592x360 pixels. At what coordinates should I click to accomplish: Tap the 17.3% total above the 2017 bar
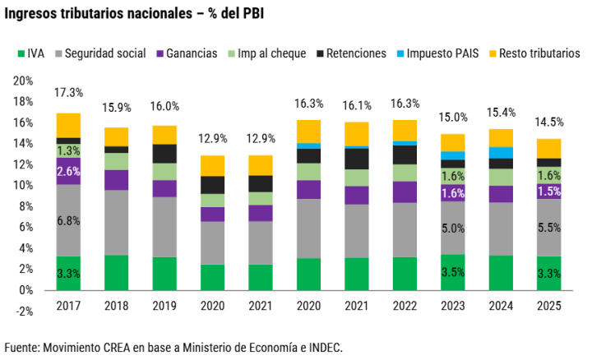coord(68,93)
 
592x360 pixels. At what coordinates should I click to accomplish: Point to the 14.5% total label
coord(549,122)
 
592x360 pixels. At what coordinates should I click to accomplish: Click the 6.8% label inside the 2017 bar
coord(68,220)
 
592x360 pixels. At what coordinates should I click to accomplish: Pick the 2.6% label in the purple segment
coord(68,172)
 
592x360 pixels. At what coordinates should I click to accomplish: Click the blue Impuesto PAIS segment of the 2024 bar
coord(502,152)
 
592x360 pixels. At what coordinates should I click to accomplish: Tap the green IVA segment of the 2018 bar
coord(116,272)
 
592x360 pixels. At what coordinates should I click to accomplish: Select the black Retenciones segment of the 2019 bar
coord(164,154)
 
